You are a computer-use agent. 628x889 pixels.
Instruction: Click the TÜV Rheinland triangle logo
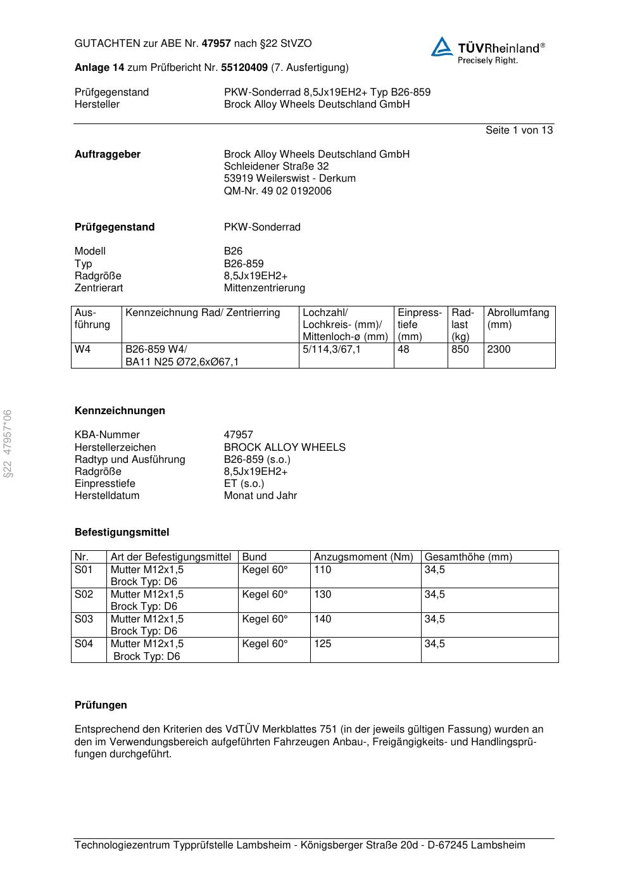tap(442, 47)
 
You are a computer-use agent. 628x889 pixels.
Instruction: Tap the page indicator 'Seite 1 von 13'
tap(518, 130)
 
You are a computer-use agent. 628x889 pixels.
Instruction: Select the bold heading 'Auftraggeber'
tap(108, 154)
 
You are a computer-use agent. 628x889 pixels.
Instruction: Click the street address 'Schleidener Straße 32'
tap(276, 167)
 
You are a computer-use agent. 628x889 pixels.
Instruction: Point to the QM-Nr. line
tap(277, 191)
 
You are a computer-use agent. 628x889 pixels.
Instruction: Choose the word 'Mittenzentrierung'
tap(264, 288)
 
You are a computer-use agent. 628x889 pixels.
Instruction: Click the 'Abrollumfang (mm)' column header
tap(518, 318)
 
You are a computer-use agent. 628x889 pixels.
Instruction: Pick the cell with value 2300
tap(499, 350)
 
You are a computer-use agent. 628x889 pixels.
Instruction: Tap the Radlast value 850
tap(460, 350)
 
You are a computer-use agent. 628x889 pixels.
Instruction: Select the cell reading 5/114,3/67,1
tap(332, 350)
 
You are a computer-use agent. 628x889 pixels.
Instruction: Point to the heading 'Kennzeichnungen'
tap(120, 411)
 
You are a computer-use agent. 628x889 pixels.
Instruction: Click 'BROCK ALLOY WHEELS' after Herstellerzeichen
tap(284, 448)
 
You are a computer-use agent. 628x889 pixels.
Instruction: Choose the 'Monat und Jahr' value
tap(260, 496)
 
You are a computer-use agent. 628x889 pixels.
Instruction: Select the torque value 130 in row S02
tap(322, 595)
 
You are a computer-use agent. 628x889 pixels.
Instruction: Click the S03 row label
tap(84, 619)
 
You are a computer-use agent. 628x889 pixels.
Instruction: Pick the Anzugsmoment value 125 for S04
tap(322, 644)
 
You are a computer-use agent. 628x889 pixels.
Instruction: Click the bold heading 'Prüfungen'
tap(101, 705)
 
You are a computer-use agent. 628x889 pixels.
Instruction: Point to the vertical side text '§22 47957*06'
tap(8, 444)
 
